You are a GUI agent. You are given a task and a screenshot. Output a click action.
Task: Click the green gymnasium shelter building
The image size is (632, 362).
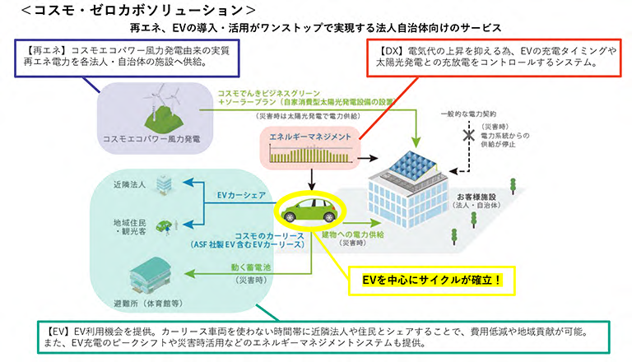pyautogui.click(x=146, y=271)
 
